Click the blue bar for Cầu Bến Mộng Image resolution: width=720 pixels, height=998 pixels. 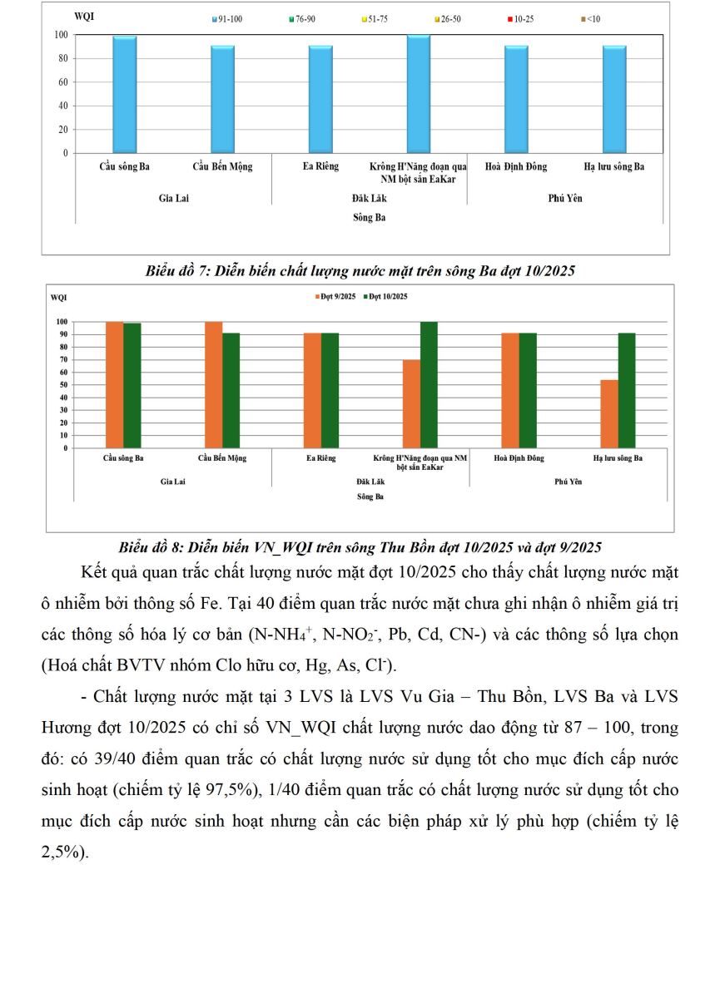[222, 100]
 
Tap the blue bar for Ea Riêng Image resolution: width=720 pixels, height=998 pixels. [320, 100]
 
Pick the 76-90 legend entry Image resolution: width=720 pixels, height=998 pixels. [300, 17]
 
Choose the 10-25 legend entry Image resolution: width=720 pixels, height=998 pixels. [522, 17]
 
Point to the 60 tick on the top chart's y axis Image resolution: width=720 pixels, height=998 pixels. [62, 82]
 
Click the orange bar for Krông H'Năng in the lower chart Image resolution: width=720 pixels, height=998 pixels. [411, 404]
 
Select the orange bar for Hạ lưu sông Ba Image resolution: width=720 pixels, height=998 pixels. [609, 414]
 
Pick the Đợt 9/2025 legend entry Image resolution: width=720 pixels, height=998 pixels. [335, 297]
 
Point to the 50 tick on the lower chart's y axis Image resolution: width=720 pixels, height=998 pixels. [62, 385]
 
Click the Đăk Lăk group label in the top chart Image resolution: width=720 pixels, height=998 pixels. [369, 199]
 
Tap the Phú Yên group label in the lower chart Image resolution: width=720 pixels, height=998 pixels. [569, 482]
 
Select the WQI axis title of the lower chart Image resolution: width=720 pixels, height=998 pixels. [58, 297]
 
